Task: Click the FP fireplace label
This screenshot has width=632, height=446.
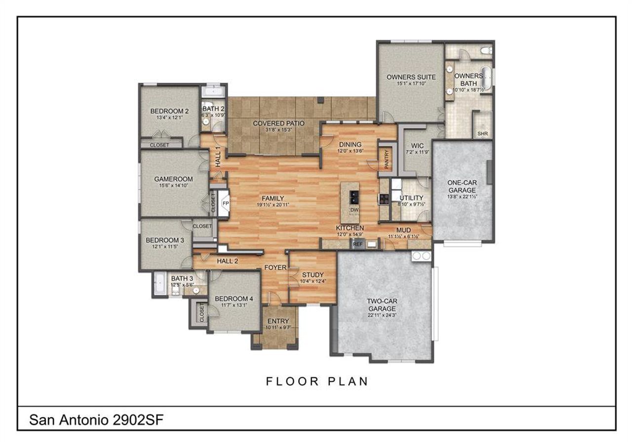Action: pos(226,203)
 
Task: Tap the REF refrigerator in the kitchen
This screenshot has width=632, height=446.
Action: pos(357,244)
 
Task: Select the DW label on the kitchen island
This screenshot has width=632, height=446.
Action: pos(354,210)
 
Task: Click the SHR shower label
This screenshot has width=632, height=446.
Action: pos(482,134)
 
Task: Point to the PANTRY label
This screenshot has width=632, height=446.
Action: pos(387,159)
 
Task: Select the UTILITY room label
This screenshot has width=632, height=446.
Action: pos(412,198)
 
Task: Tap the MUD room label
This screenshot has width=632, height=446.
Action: pos(403,230)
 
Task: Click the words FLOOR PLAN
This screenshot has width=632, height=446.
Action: pos(317,381)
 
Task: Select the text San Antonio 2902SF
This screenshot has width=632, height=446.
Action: pos(96,420)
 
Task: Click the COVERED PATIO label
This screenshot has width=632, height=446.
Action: pos(279,123)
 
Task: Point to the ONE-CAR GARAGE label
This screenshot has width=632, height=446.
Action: pos(461,186)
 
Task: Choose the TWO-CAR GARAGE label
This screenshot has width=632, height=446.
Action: pos(381,304)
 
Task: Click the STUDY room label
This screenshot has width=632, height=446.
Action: pos(313,275)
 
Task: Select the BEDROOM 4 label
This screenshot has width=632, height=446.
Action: pos(234,298)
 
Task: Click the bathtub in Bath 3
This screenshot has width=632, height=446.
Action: pos(159,284)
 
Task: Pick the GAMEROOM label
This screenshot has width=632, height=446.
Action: pos(173,179)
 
